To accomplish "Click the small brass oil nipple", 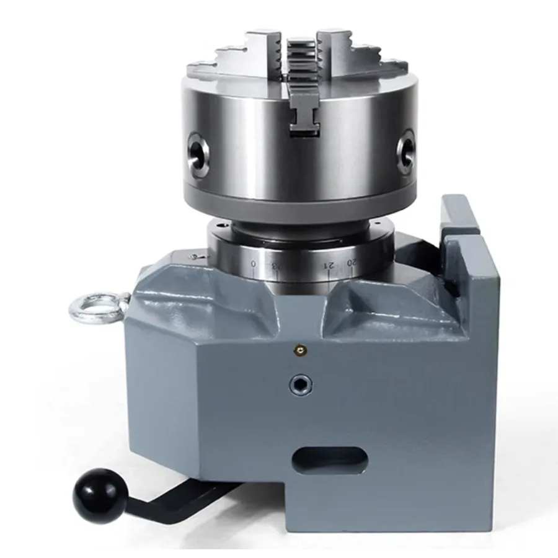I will (x=300, y=351).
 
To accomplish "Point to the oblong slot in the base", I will (x=329, y=459).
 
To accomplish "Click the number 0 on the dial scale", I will (x=254, y=264).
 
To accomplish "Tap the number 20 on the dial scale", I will (x=352, y=263).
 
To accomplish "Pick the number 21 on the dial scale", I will (x=329, y=265).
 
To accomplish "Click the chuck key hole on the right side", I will (x=405, y=148).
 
